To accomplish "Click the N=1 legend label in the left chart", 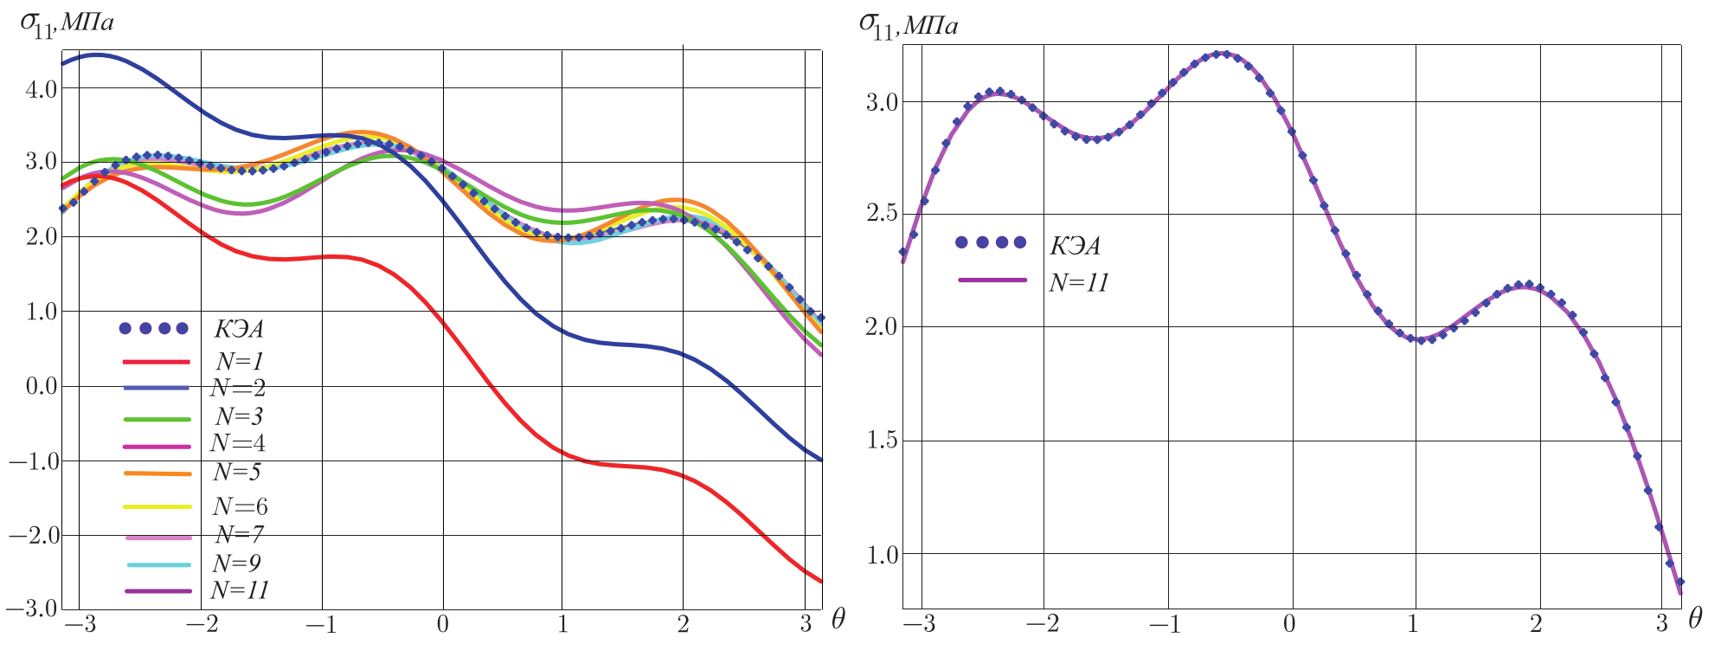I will point(238,359).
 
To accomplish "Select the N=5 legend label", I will point(236,473).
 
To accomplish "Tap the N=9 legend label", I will point(236,563).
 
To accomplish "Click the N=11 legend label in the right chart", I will point(1079,282).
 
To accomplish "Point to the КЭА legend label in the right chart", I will point(1075,246).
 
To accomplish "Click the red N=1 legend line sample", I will point(157,361).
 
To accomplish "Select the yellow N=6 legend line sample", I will point(157,506).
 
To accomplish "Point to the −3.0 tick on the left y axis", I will point(32,609).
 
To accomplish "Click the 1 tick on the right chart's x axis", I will point(1413,625).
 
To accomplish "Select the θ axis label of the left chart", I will point(838,618).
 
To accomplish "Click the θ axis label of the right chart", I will point(1696,618).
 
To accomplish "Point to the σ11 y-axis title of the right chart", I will point(908,24).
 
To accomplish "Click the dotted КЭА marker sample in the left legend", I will point(154,328).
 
